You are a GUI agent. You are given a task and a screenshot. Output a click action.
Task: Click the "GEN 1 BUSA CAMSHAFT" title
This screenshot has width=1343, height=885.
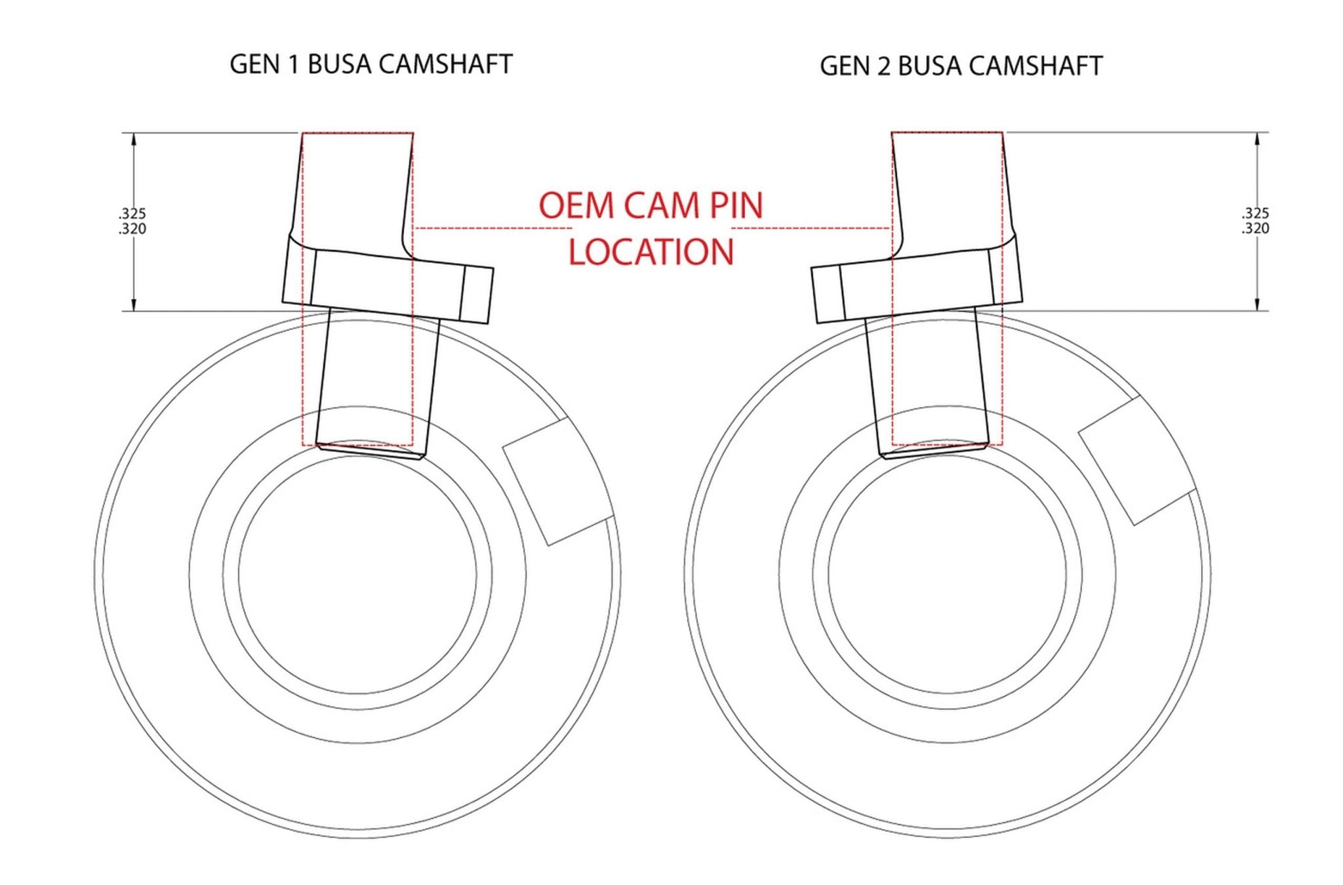pos(371,64)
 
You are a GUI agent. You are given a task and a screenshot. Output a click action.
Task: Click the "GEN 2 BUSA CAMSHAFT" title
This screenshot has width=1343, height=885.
pos(961,66)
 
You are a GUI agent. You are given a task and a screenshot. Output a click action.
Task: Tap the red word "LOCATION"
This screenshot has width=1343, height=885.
pos(651,252)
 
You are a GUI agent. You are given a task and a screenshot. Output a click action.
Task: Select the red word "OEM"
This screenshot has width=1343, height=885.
pos(575,205)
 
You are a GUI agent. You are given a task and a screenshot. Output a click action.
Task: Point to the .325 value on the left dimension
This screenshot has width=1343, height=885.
pos(132,213)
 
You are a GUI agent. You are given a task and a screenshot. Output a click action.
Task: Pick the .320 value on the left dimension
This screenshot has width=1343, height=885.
pos(132,229)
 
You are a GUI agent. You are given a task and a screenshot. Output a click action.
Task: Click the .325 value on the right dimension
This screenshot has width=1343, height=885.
pos(1255,213)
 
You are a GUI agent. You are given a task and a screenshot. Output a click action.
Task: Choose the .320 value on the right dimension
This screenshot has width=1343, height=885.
pos(1255,228)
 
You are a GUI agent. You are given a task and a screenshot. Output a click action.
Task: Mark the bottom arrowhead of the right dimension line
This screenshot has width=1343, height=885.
pos(1257,304)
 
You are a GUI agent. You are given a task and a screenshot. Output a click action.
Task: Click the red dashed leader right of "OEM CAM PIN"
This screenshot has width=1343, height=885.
pos(811,228)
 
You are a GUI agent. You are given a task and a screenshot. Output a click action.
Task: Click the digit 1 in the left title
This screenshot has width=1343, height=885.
pos(292,64)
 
